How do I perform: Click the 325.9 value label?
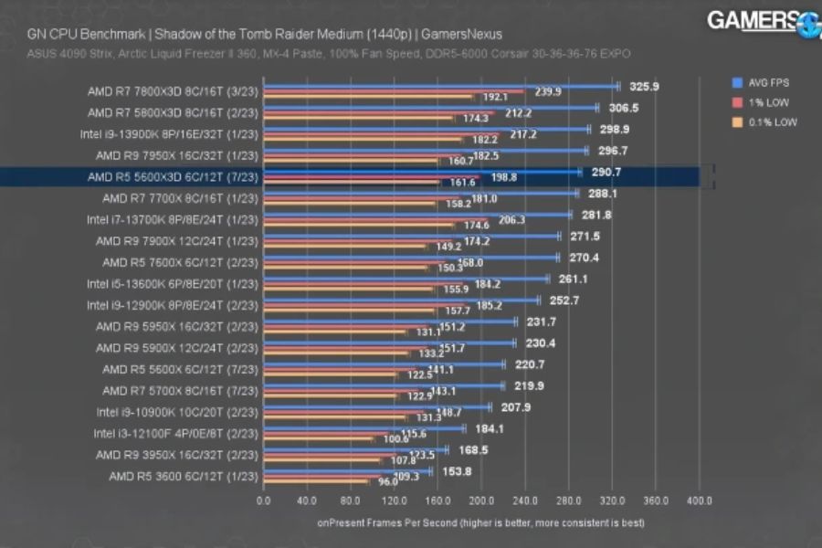[644, 87]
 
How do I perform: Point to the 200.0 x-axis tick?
[481, 501]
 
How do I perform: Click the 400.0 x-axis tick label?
[699, 501]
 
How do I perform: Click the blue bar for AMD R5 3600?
[347, 471]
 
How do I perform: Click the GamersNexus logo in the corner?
[763, 22]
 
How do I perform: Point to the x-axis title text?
[480, 523]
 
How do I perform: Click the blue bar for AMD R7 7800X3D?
[438, 87]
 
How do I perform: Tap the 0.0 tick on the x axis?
[264, 501]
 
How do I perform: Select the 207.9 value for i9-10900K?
[516, 407]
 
